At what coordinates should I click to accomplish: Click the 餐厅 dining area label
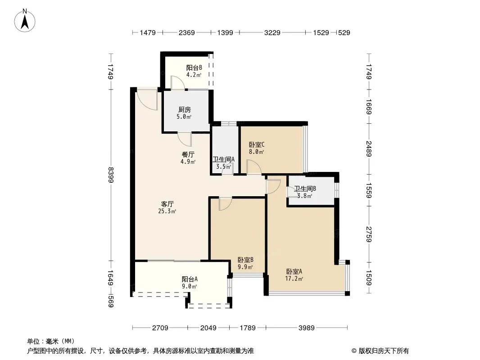(x=188, y=154)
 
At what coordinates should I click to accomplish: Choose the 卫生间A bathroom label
(x=223, y=159)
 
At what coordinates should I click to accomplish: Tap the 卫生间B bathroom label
(x=305, y=189)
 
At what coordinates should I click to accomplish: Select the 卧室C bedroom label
(x=256, y=145)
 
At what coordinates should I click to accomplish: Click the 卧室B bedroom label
(x=245, y=260)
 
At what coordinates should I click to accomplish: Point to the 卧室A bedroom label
(x=294, y=271)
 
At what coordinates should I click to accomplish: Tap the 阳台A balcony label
(x=190, y=279)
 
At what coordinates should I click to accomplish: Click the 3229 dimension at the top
(x=272, y=33)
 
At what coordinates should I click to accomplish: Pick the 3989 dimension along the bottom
(x=306, y=328)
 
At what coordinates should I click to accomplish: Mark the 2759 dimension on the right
(x=369, y=234)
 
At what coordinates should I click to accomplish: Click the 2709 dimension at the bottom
(x=160, y=328)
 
